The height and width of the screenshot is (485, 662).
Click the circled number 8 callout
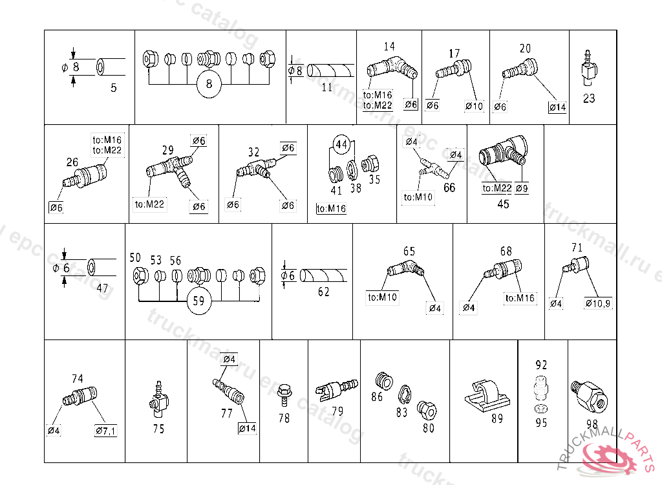pos(209,84)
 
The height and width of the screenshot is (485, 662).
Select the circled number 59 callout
pos(199,301)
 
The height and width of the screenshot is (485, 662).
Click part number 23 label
pos(589,99)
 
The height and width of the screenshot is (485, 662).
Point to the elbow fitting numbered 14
pos(392,67)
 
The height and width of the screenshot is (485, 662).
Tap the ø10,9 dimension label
pos(598,303)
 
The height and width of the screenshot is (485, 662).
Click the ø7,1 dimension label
pos(105,431)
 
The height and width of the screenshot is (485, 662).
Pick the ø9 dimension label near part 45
pos(522,189)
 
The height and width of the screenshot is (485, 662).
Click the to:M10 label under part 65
pos(383,298)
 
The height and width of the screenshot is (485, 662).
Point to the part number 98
pos(592,424)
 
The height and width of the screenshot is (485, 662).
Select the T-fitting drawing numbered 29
pos(169,171)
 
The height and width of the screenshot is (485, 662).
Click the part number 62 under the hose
pos(323,292)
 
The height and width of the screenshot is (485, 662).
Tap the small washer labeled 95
pos(541,409)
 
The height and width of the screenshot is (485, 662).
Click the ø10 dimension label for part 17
pos(474,106)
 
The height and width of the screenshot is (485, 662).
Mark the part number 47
pos(102,288)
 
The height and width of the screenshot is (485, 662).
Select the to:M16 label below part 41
pos(331,208)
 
